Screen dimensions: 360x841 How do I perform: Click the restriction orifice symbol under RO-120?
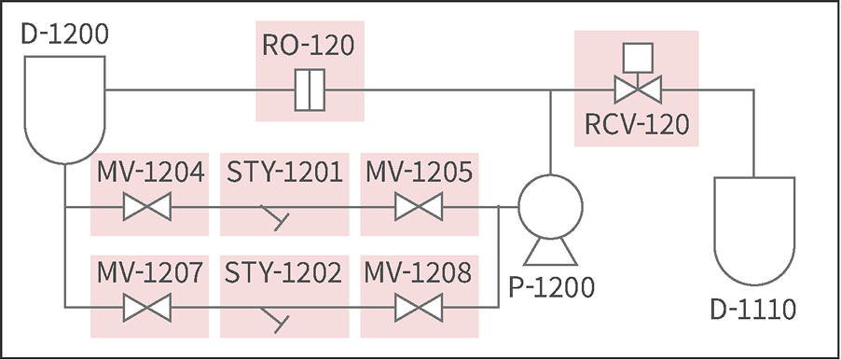point(309,90)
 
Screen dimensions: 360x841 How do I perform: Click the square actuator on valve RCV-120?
point(636,57)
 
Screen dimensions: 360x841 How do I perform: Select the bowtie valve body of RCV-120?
point(636,90)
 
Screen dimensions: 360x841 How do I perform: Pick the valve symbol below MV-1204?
point(147,206)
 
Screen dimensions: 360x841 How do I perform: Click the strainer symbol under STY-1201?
point(275,215)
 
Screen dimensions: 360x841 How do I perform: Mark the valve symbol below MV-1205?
point(419,206)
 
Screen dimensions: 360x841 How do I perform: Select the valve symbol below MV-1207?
point(147,306)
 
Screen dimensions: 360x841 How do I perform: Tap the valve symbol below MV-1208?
point(419,306)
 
